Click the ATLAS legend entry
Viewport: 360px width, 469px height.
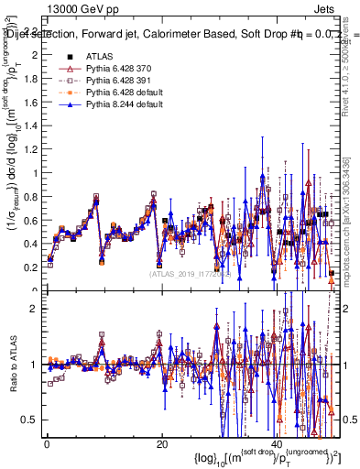[100, 57]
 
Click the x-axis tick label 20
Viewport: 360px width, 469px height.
[162, 444]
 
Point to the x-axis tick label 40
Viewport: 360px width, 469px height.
[278, 444]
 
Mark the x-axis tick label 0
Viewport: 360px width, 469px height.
[47, 444]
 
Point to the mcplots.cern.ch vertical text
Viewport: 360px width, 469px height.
[351, 229]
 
